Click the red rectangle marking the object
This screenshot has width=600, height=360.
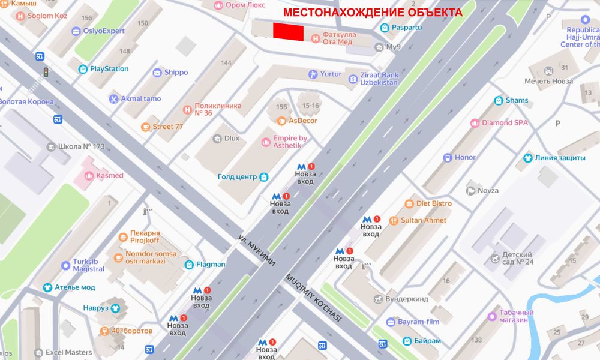pos(288,32)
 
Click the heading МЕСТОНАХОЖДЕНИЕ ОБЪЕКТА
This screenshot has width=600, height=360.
pos(373,12)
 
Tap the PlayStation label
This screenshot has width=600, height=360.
pos(109,69)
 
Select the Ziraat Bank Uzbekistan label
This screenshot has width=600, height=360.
pos(379,79)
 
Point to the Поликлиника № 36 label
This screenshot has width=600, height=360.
pos(218,109)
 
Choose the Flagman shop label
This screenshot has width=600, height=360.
pos(210,264)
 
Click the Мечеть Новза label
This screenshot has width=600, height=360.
pos(548,81)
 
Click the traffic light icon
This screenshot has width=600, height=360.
pos(45,73)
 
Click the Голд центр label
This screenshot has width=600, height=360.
pos(237,177)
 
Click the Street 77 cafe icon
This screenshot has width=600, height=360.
pos(145,127)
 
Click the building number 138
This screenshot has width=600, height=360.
pos(477,340)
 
